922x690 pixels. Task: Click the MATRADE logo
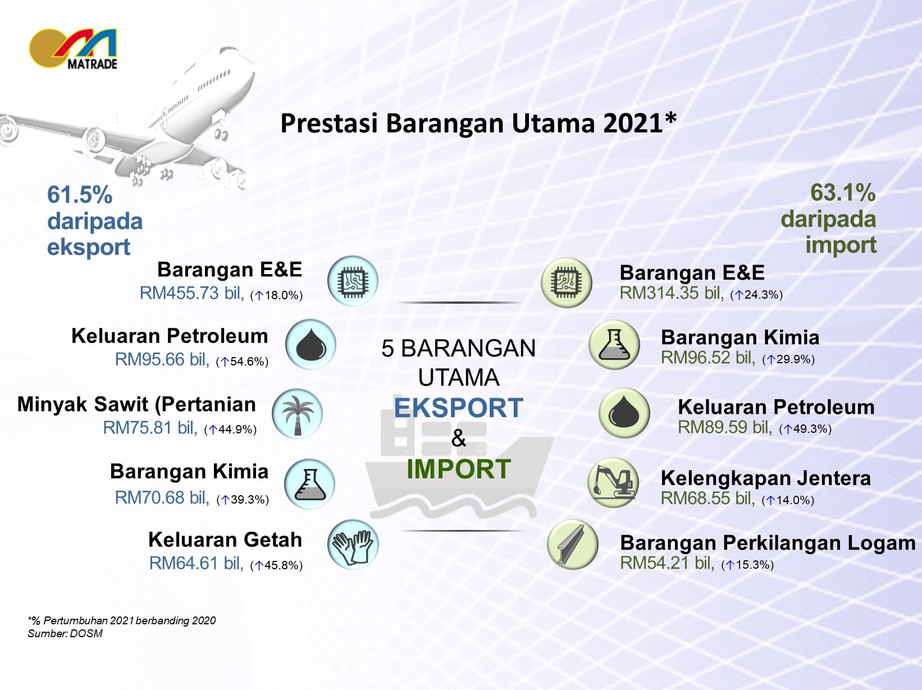coord(73,49)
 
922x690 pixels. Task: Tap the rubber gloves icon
coord(353,545)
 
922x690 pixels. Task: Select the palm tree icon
coord(298,414)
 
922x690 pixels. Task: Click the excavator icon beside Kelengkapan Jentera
coord(613,482)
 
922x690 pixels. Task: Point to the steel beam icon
coord(573,544)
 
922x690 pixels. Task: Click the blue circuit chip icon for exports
coord(353,281)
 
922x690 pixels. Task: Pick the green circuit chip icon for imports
coord(566,282)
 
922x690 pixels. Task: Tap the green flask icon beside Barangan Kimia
coord(614,345)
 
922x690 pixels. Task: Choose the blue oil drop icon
coord(311,344)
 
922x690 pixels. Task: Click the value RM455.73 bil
coord(192,293)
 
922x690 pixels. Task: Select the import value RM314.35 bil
coord(672,293)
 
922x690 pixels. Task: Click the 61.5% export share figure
coord(80,195)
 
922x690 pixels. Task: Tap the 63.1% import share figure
coord(843,193)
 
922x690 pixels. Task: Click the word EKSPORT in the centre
coord(458,408)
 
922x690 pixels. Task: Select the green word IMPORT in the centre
coord(459,469)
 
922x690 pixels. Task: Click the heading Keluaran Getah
coord(225,540)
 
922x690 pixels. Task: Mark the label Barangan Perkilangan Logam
coord(768,542)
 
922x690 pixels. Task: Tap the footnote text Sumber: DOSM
coord(65,634)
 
